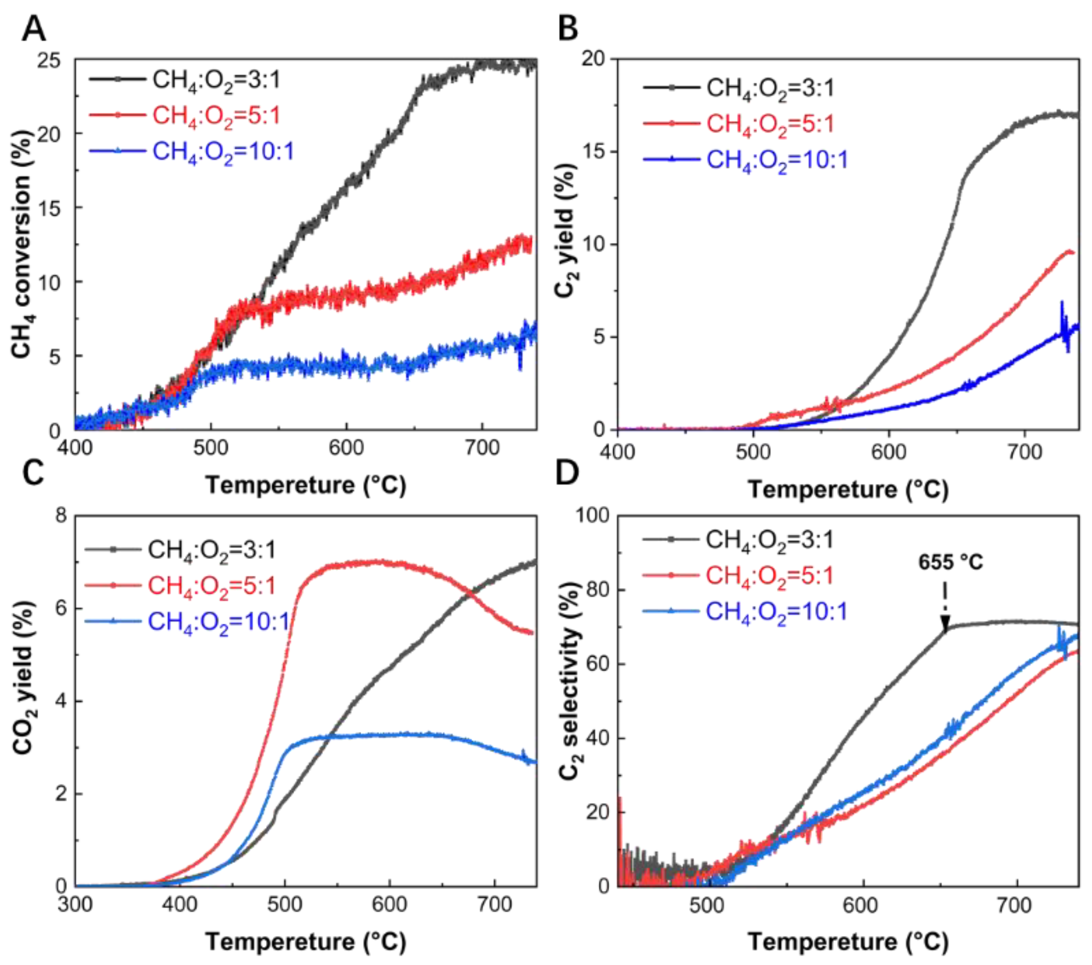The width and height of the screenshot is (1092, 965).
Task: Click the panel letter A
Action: (33, 28)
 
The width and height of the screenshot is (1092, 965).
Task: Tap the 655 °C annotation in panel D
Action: (950, 562)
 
